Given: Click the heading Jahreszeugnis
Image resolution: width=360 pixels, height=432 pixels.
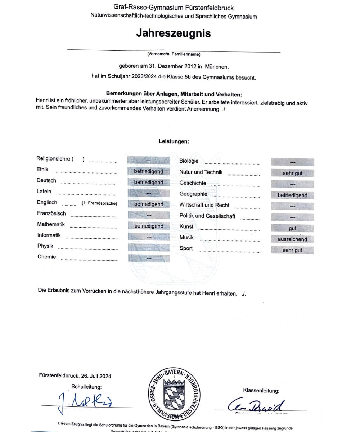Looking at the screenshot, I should coord(173,33).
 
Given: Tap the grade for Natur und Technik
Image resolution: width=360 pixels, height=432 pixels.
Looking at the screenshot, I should coord(292,173).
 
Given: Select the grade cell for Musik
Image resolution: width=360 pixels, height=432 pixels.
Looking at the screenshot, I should coord(292,239).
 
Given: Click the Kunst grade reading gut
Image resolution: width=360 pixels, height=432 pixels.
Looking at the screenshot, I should coord(292,229).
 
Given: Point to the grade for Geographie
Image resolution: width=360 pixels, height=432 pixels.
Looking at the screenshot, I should coord(292,195).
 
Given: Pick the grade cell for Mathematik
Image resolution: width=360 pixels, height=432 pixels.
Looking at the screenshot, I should coord(149,226).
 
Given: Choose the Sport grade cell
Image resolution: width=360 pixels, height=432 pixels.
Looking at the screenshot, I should coord(292,250).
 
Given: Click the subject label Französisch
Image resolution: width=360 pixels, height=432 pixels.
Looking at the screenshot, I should coord(51,213).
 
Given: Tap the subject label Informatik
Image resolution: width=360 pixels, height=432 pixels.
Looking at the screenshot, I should coord(49,235).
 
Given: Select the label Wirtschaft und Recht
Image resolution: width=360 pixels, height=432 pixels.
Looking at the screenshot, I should coord(204,205).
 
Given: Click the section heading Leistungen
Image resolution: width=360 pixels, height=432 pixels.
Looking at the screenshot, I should coord(174,141).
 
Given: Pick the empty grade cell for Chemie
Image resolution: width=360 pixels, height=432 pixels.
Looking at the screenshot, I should coord(149,258).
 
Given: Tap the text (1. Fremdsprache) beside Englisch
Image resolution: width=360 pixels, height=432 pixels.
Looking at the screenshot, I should coord(99,203).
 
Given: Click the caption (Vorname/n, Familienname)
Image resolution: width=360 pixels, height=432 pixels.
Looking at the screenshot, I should coord(174,54).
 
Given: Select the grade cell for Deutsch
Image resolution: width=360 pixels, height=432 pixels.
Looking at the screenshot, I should coord(149,183).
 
